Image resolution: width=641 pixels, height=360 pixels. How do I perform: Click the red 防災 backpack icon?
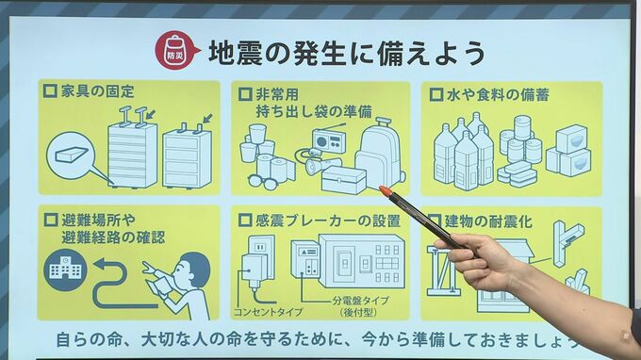tap(175, 50)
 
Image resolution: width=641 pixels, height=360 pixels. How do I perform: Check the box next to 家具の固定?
tap(50, 90)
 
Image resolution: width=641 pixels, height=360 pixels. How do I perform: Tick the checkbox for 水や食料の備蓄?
tap(436, 95)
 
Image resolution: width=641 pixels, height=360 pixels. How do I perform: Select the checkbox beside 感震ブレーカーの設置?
tap(245, 221)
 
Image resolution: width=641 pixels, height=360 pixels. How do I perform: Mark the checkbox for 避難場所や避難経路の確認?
tap(50, 220)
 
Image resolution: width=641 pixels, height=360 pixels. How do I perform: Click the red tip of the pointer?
tap(385, 190)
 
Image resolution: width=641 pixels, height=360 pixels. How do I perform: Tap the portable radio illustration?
tap(329, 139)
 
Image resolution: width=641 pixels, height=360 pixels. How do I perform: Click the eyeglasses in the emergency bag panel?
tap(262, 181)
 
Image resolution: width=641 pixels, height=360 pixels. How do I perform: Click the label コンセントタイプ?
tap(268, 312)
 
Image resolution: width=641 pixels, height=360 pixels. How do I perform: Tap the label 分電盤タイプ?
tap(360, 301)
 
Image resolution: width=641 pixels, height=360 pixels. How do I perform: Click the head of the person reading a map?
tap(191, 270)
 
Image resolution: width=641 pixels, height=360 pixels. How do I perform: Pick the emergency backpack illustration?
tap(379, 155)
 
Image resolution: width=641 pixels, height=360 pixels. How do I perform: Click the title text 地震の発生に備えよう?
tap(346, 53)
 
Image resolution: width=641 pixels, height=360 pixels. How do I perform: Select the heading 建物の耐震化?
tap(488, 221)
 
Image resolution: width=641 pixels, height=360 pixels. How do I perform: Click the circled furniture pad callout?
tap(71, 155)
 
